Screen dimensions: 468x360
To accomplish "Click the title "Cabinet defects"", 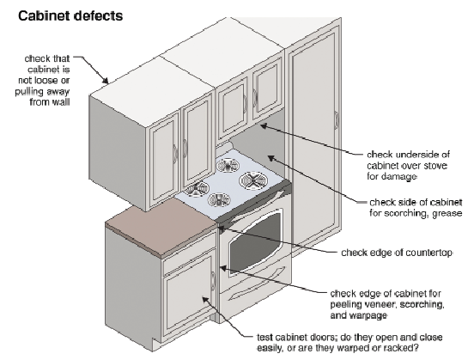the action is click(70, 15).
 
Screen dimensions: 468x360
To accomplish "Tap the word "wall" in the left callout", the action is click(61, 102).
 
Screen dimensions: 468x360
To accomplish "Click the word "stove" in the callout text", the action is click(435, 166).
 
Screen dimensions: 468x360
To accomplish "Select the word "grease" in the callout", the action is click(447, 213).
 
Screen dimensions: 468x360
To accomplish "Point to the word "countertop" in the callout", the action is click(428, 253).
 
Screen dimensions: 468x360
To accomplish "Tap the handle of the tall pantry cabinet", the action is click(337, 120).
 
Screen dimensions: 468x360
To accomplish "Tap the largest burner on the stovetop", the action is click(253, 180).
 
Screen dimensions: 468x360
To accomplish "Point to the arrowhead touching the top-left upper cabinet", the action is click(105, 80).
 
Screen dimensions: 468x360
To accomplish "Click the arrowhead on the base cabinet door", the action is click(205, 299).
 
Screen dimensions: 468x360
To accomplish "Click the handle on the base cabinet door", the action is click(213, 281).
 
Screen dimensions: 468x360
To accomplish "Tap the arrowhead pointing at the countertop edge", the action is click(222, 229).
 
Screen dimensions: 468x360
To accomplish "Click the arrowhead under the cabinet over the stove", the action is click(264, 126).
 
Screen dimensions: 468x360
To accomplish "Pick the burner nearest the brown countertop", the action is click(196, 189).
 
